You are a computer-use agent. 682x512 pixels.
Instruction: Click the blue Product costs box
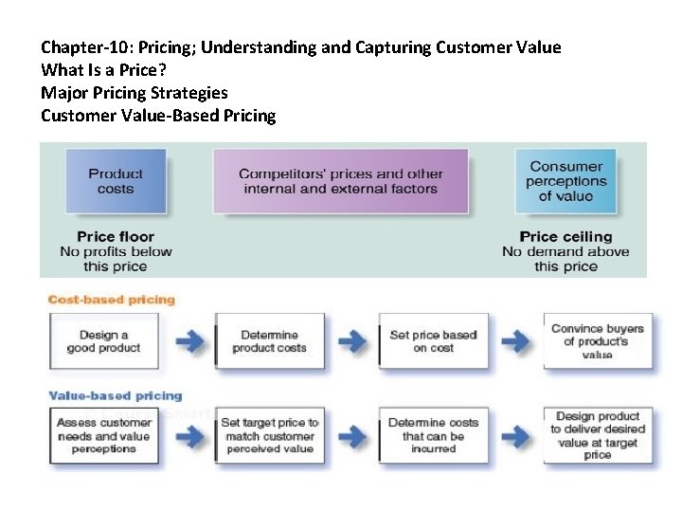coord(116,181)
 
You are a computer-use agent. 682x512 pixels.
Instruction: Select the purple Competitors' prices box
coord(340,181)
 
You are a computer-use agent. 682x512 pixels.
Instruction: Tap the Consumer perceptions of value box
coord(565,181)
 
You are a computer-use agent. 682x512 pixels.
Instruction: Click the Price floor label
coord(116,237)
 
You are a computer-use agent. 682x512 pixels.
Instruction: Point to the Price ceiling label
coord(565,237)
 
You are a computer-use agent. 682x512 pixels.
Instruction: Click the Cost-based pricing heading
coord(113,300)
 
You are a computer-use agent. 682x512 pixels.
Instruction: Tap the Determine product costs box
coord(270,341)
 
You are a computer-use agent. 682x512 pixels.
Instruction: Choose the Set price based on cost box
coord(433,341)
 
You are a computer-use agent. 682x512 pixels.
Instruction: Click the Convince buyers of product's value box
coord(597,341)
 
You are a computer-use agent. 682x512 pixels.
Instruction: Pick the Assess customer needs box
coord(103,435)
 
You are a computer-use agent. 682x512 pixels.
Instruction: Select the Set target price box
coord(270,435)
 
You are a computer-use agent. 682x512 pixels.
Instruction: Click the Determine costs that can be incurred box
coord(433,435)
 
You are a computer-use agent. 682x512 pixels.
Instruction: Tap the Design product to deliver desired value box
coord(597,435)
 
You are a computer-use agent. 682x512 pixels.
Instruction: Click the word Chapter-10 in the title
coord(85,47)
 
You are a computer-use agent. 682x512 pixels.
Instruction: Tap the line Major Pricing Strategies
coord(135,93)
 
